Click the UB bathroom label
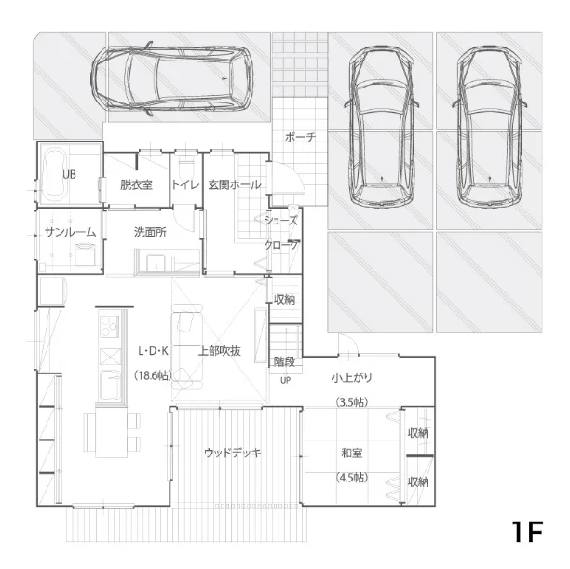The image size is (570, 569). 69,174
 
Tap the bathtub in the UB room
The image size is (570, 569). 54,174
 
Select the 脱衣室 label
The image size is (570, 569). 136,184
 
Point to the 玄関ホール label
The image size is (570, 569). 235,184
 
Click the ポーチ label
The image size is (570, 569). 300,137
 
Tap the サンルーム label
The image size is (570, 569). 70,232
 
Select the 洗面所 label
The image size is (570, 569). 150,232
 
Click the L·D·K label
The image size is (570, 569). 153,351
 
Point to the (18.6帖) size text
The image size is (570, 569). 153,375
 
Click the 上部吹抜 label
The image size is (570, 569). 220,351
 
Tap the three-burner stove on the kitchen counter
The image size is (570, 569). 110,327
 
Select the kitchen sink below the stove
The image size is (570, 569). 110,386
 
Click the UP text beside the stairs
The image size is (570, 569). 286,380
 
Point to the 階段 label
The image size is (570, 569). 284,361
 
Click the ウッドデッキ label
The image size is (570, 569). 233,453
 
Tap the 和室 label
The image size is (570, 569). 351,453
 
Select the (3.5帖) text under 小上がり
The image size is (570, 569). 351,402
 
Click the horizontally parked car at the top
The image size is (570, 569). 171,77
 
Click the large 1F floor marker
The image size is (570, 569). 527,532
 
